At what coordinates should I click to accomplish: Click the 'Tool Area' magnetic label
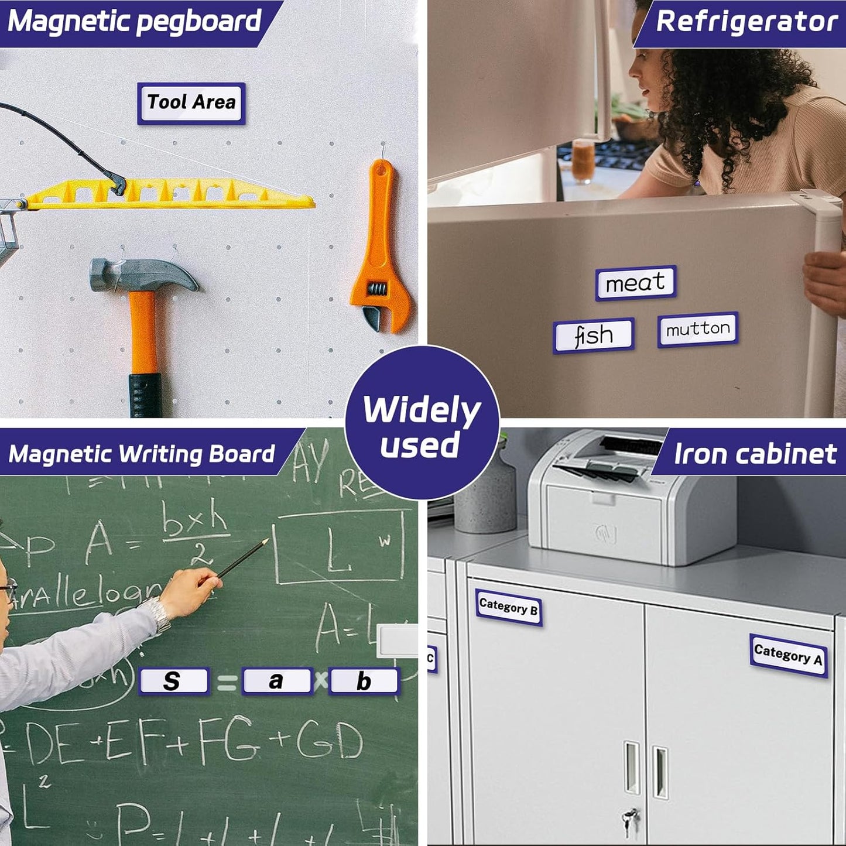[191, 103]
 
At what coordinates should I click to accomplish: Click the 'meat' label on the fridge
[636, 283]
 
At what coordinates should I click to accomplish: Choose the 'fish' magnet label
[594, 335]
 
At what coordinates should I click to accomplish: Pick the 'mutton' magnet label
[697, 329]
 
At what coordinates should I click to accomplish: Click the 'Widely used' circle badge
[422, 425]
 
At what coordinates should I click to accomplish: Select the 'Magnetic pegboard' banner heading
[135, 21]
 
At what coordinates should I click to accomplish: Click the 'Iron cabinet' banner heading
[755, 454]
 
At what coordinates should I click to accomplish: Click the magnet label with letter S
[173, 681]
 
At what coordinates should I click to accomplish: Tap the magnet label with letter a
[277, 681]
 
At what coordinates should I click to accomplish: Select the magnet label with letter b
[364, 681]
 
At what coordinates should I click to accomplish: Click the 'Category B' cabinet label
[508, 607]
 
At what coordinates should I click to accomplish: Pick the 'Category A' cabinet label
[788, 655]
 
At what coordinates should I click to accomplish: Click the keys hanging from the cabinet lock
[630, 820]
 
